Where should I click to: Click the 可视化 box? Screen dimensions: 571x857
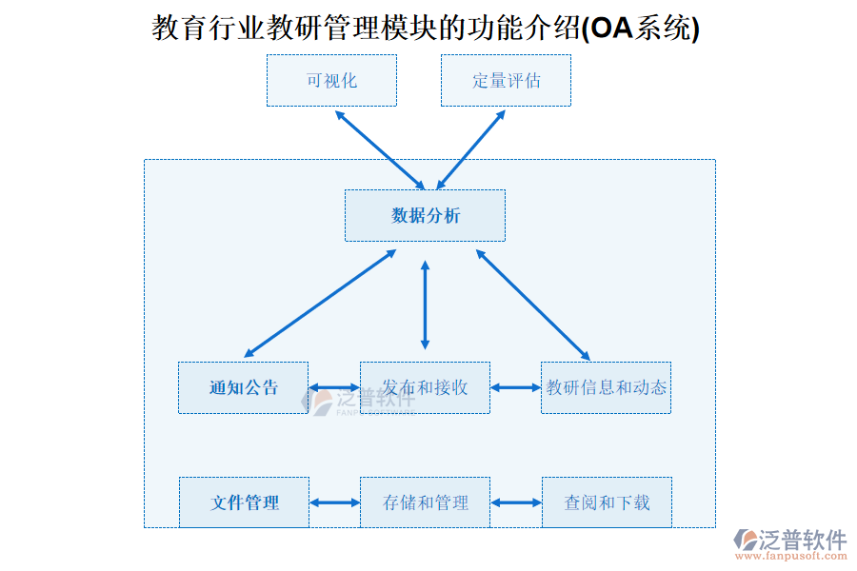click(331, 81)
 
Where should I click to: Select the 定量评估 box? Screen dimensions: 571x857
click(506, 81)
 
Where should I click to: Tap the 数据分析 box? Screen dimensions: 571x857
click(425, 215)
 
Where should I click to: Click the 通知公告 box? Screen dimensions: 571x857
click(243, 387)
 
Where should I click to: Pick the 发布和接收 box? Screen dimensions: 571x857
click(425, 387)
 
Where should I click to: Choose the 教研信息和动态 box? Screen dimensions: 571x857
click(606, 387)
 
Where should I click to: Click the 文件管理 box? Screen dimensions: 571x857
click(244, 502)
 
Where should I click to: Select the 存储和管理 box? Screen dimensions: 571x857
click(425, 502)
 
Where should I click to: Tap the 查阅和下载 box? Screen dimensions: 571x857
click(607, 502)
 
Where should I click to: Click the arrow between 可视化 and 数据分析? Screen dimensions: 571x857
click(380, 149)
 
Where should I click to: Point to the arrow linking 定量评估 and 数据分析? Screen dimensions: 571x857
click(470, 149)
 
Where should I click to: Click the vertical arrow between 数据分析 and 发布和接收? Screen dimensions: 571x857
click(425, 305)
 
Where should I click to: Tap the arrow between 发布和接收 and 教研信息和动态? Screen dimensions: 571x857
click(515, 387)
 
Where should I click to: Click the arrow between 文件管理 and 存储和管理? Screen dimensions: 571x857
click(334, 502)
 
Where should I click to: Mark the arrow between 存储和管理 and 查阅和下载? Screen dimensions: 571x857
click(515, 502)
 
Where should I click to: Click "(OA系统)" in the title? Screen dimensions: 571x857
click(640, 30)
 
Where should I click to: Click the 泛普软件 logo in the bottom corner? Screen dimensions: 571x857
click(789, 539)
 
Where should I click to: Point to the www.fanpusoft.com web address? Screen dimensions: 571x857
click(799, 556)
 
